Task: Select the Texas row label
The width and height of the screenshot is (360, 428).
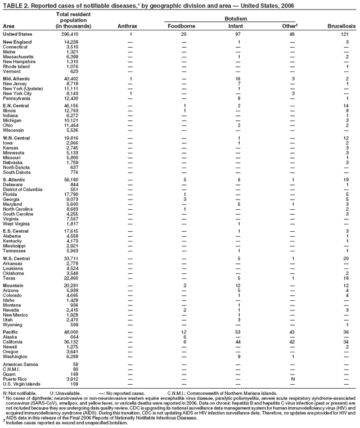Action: pos(9,278)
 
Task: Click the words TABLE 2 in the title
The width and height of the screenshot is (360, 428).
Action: pos(15,4)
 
